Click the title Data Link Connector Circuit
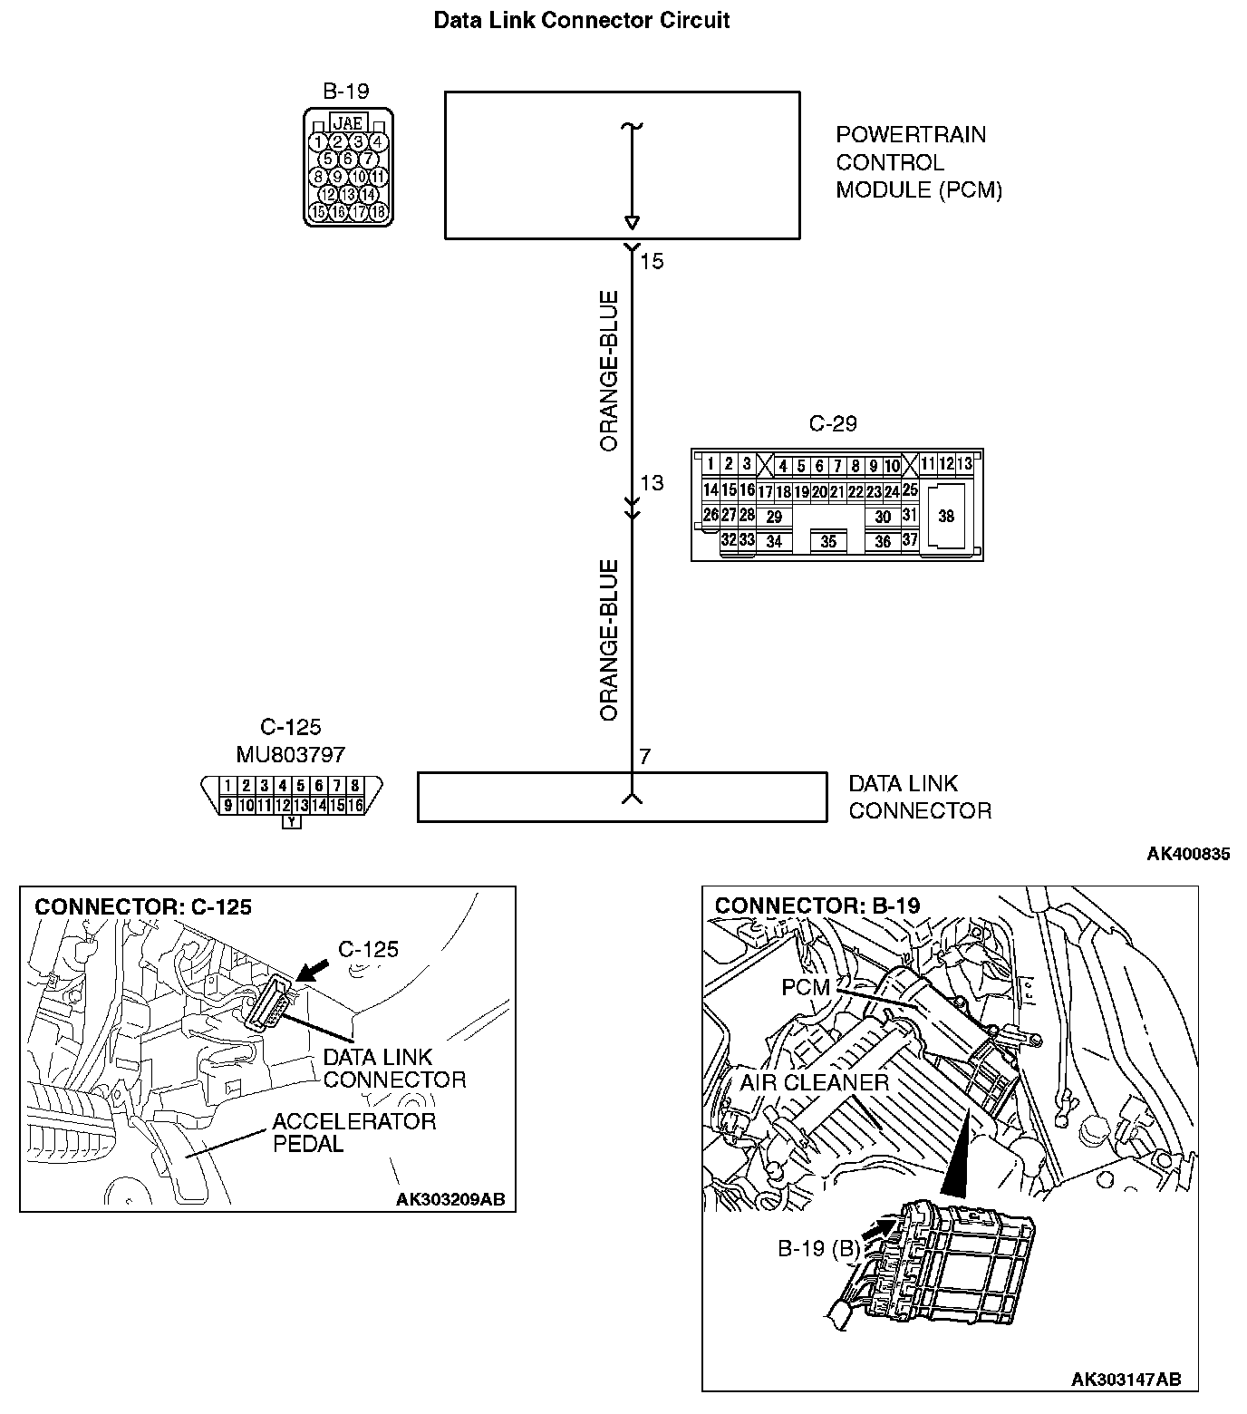[x=581, y=20]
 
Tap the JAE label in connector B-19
[x=348, y=122]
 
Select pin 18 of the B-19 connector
[x=379, y=212]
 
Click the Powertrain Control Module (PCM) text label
[x=918, y=162]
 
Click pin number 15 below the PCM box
[x=652, y=262]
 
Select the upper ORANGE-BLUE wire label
[x=609, y=371]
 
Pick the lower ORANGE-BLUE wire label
[x=609, y=640]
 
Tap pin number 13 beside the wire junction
[x=652, y=483]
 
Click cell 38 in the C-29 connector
[x=946, y=517]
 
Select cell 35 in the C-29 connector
[x=828, y=542]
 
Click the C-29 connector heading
[x=832, y=423]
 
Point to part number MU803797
[x=290, y=754]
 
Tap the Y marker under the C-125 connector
[x=291, y=822]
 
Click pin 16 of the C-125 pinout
[x=354, y=805]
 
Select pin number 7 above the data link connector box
[x=644, y=757]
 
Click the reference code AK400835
[x=1188, y=854]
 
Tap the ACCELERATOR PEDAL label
[x=353, y=1133]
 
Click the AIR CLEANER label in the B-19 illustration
[x=814, y=1082]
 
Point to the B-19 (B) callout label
[x=818, y=1248]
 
